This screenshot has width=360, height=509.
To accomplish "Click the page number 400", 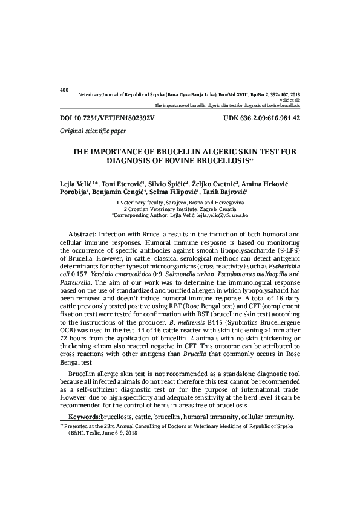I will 65,90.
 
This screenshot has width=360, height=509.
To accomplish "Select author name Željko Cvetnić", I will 215,182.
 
